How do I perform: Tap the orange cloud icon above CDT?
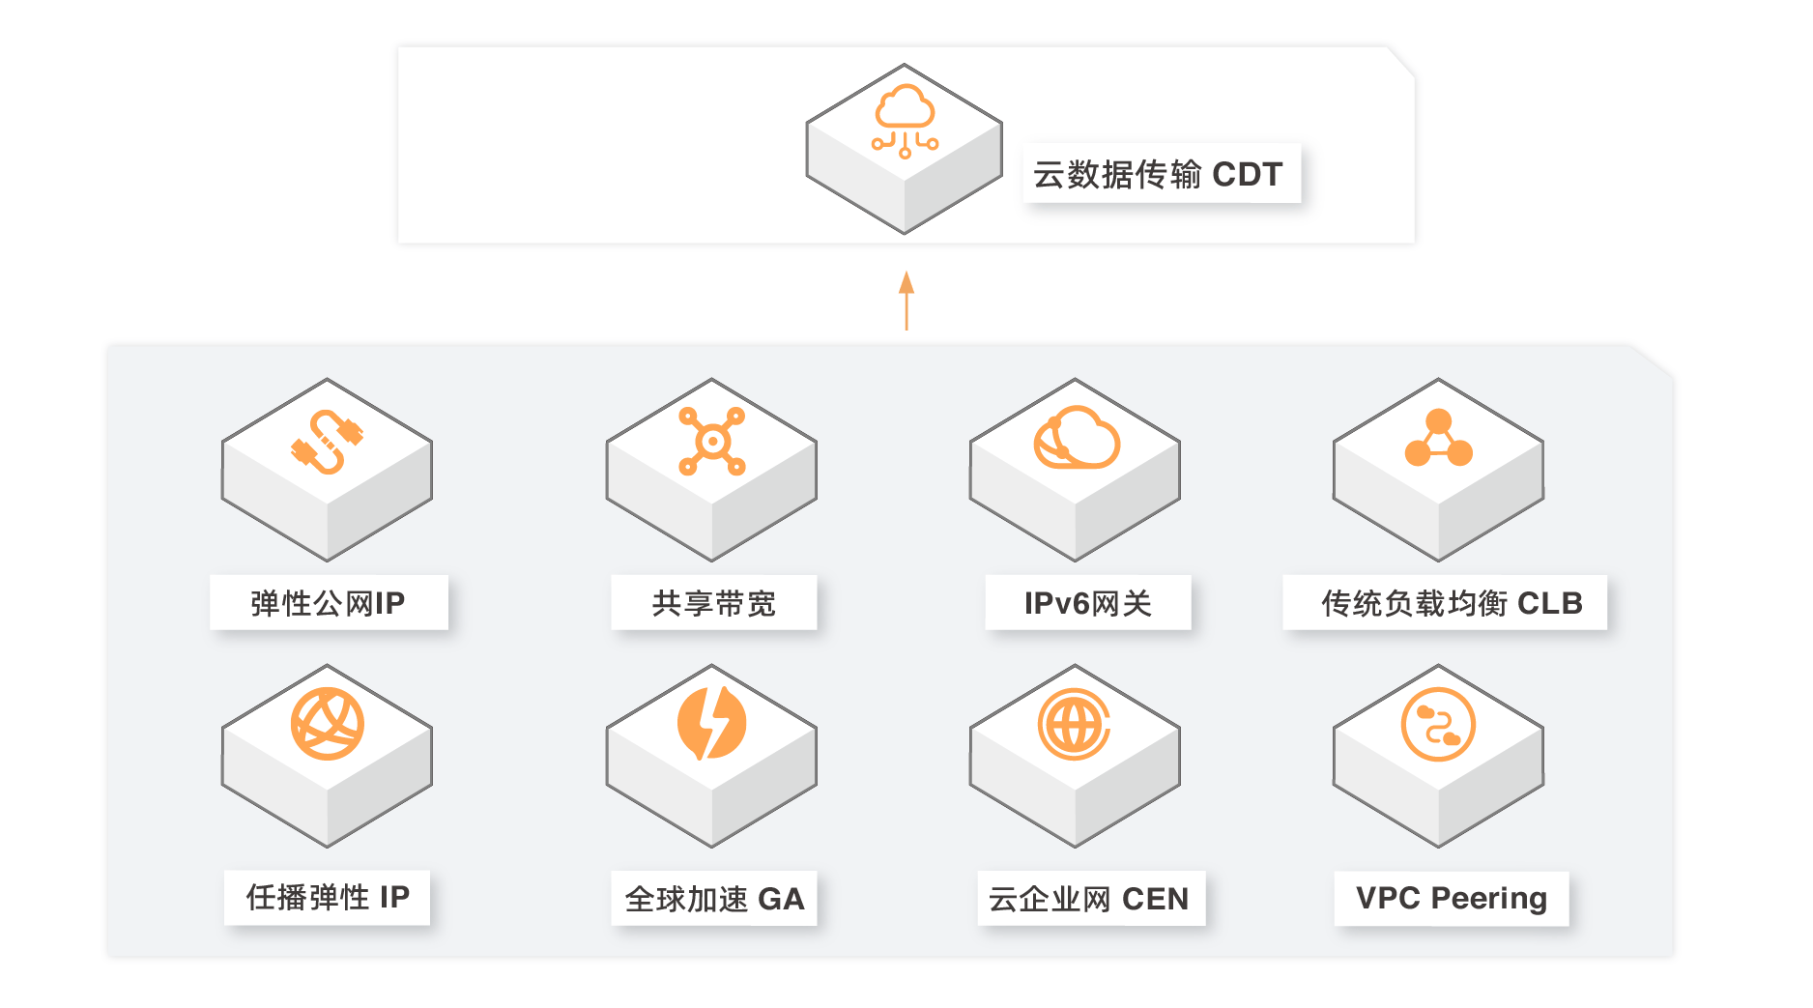[905, 121]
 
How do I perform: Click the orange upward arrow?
[906, 301]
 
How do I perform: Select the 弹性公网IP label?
[329, 603]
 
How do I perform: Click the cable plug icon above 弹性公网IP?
[328, 442]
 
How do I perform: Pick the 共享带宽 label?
[713, 603]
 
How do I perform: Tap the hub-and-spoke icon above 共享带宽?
[712, 442]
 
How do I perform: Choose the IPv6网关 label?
[1088, 603]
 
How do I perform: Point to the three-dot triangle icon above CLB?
[1438, 440]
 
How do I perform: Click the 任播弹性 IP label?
[327, 897]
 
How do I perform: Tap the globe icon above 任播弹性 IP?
[328, 724]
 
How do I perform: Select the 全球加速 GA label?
[713, 899]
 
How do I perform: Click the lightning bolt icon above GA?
[712, 723]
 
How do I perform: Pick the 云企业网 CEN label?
[1090, 899]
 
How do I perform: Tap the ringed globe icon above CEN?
[1075, 725]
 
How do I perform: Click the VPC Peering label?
[1451, 899]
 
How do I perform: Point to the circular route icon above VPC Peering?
[1438, 725]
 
